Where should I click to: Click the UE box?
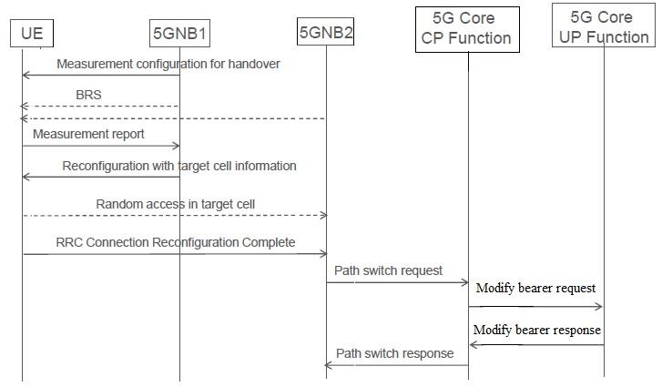[x=33, y=35]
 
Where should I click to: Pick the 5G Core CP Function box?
[x=467, y=28]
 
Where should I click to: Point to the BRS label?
[x=88, y=94]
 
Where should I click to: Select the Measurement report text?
[x=88, y=134]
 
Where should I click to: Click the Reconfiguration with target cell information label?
[x=178, y=166]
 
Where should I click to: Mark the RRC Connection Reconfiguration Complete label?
[x=175, y=242]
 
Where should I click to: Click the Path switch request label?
[x=388, y=270]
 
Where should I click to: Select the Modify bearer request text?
[x=536, y=288]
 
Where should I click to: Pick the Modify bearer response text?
[x=536, y=330]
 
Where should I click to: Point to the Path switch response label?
[x=394, y=352]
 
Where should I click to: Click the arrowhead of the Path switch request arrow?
[x=463, y=282]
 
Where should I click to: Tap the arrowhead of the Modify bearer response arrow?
[x=474, y=344]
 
